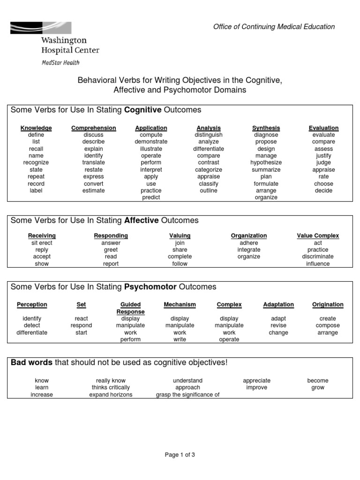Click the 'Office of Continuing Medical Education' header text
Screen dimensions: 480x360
(x=274, y=27)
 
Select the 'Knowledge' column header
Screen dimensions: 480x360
(x=36, y=128)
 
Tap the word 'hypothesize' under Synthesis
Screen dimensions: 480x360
(x=266, y=163)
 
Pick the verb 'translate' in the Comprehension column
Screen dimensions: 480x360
(x=94, y=163)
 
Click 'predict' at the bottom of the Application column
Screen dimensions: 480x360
(x=151, y=197)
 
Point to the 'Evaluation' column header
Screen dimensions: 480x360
(x=323, y=128)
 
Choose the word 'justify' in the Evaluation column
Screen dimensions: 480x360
(x=323, y=156)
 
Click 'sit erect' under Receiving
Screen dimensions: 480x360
(x=42, y=243)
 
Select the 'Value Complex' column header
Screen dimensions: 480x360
(x=318, y=236)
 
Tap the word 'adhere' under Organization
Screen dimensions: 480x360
(x=249, y=243)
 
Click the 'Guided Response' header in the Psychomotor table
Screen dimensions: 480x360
(x=130, y=308)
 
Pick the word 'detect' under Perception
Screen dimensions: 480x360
(x=32, y=325)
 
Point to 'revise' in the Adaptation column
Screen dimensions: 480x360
(x=278, y=325)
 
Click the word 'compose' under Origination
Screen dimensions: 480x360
(x=328, y=325)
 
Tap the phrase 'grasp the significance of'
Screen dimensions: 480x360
(x=187, y=395)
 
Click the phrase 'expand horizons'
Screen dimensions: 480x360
(x=111, y=395)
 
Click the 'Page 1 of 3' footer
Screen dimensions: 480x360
(x=180, y=454)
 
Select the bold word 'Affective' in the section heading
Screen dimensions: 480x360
(x=142, y=220)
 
